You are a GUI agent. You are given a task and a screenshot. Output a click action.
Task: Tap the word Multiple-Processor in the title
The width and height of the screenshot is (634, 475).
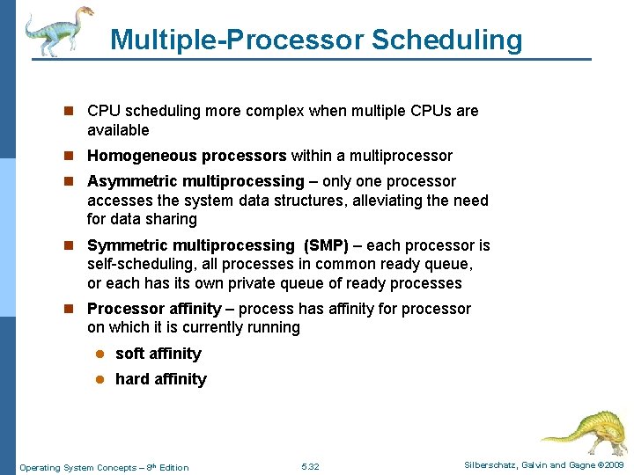[236, 40]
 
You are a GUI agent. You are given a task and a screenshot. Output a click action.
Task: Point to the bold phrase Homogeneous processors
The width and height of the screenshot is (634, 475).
[187, 156]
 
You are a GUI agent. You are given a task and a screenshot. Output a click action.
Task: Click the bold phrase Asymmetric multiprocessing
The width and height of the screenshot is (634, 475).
[195, 181]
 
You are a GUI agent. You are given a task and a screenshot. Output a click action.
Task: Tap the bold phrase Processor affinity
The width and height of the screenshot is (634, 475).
[154, 309]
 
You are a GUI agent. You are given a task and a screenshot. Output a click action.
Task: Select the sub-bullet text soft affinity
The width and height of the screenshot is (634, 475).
[158, 354]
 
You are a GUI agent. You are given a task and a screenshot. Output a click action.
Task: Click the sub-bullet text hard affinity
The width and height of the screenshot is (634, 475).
[161, 379]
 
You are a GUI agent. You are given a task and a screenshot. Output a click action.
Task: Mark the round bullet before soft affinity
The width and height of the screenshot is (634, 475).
[100, 354]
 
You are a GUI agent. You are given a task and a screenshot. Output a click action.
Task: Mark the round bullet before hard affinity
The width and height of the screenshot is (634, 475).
[100, 379]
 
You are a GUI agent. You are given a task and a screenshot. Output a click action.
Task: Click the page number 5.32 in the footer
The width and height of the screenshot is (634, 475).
[310, 467]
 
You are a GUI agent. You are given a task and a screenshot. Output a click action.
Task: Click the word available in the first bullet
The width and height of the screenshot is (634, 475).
[118, 130]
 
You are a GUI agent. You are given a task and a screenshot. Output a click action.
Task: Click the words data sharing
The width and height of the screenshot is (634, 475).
[154, 219]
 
